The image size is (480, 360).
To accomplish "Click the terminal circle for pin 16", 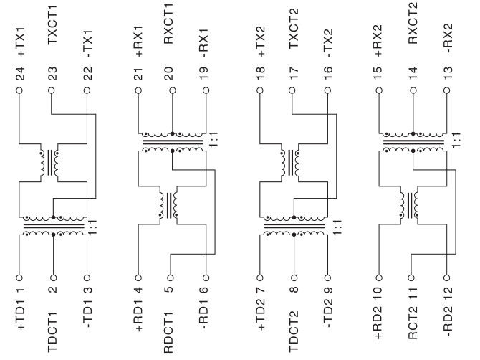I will point(327,91).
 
